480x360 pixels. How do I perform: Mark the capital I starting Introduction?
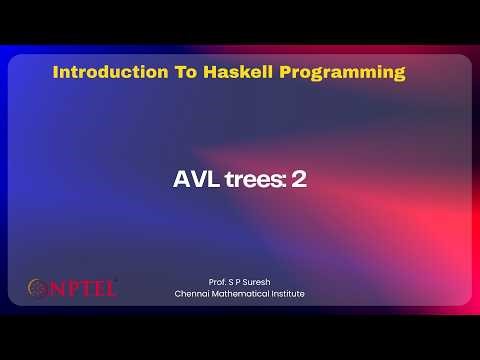tap(55, 73)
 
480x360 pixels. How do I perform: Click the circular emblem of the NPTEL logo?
tap(37, 289)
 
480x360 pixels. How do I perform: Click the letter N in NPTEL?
tap(56, 289)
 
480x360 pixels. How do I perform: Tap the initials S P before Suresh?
tap(232, 282)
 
